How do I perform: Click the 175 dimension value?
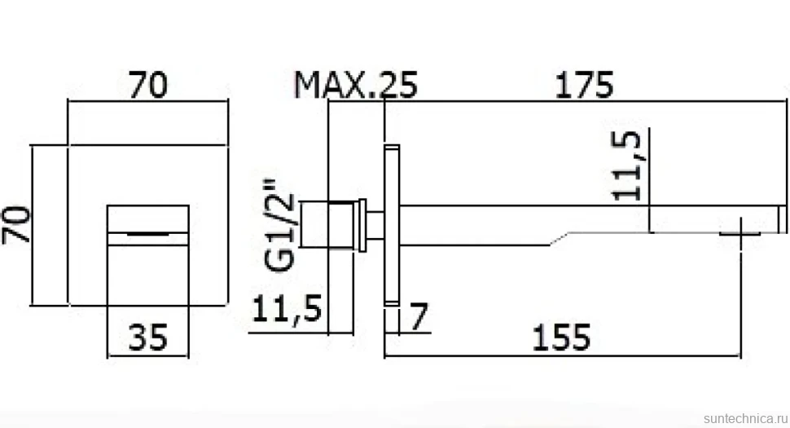point(584,85)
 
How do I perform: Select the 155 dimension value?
point(561,338)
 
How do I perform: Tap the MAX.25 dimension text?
point(356,85)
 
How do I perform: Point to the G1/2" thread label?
point(279,225)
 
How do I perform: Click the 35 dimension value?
point(147,338)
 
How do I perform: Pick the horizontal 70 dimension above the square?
point(148,85)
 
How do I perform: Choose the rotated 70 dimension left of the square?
point(16,225)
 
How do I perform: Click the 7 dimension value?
point(419,316)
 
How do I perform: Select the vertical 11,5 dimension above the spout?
point(626,165)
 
